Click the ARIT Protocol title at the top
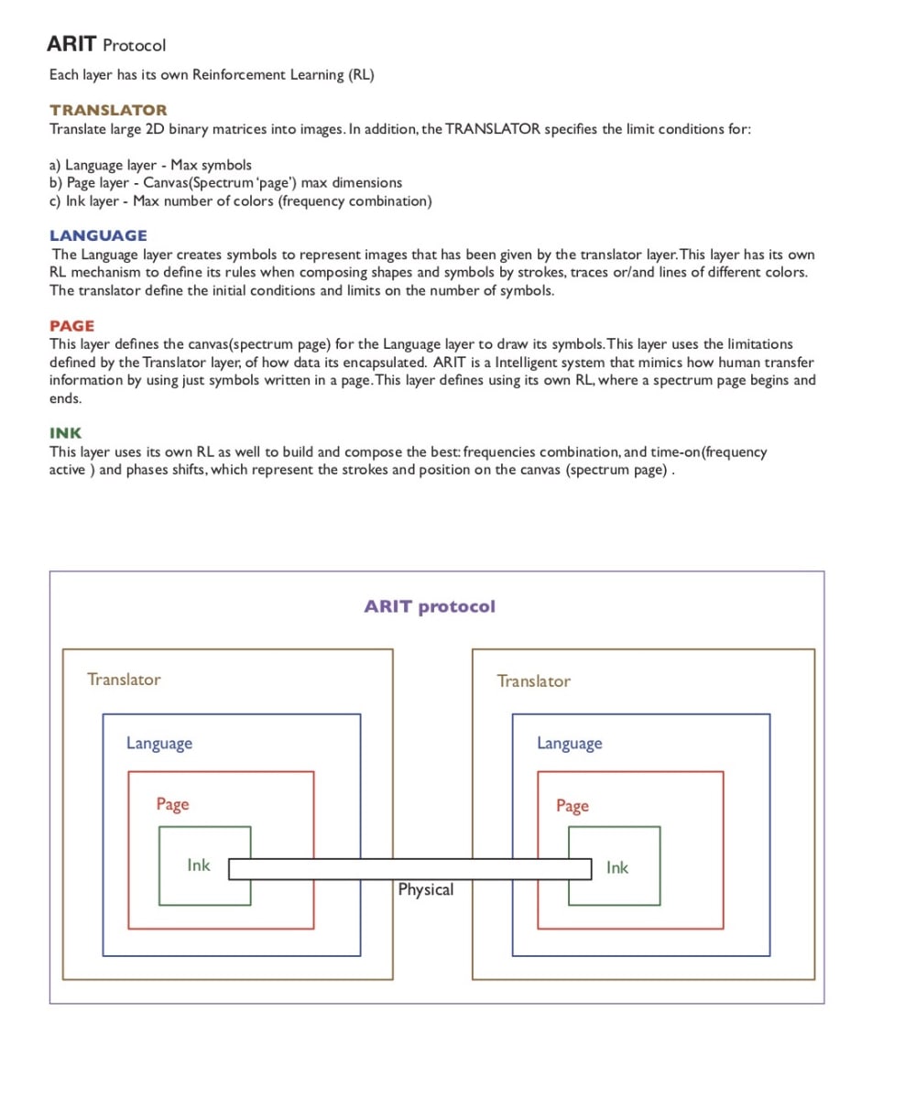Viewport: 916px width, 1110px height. [106, 44]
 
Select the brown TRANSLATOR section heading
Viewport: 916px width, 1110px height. [108, 110]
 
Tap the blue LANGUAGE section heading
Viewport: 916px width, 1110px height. [98, 235]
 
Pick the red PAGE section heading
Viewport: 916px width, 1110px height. [71, 326]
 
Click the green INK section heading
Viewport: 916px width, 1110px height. [65, 433]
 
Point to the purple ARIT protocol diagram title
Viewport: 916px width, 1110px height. [430, 606]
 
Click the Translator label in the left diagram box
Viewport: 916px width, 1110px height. [124, 680]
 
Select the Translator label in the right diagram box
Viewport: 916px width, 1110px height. [533, 681]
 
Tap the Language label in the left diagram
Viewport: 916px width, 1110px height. [159, 744]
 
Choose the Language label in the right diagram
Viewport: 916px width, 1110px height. [570, 744]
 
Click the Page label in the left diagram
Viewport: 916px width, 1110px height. [172, 804]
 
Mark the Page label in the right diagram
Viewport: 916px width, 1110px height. [572, 806]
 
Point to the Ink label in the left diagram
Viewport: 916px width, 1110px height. [199, 865]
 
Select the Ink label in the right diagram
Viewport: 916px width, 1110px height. [617, 868]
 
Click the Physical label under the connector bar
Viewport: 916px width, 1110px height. [426, 889]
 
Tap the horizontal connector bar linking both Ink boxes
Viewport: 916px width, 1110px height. [409, 868]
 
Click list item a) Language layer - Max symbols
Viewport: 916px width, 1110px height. [150, 165]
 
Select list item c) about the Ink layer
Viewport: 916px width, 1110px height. [240, 201]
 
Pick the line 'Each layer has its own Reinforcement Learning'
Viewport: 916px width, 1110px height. [212, 75]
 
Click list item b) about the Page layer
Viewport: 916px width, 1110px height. [225, 183]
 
